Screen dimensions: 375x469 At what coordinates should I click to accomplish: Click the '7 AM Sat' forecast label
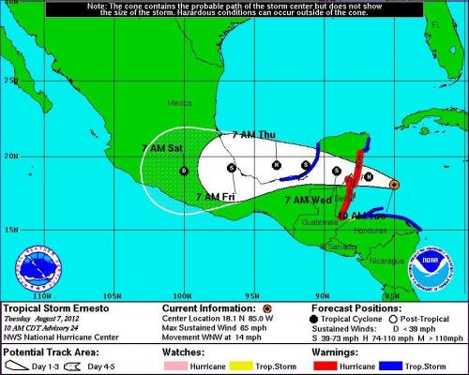161,148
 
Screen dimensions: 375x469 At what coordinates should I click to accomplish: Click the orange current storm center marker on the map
394,185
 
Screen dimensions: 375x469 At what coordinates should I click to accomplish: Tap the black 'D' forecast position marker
184,170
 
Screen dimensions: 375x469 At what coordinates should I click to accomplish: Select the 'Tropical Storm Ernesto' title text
53,307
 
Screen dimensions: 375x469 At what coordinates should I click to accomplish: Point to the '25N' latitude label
9,81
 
